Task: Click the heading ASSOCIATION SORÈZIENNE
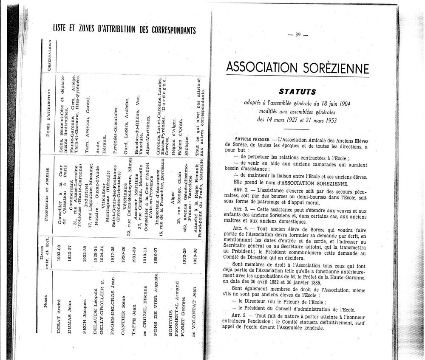297,67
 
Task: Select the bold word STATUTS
297,91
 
